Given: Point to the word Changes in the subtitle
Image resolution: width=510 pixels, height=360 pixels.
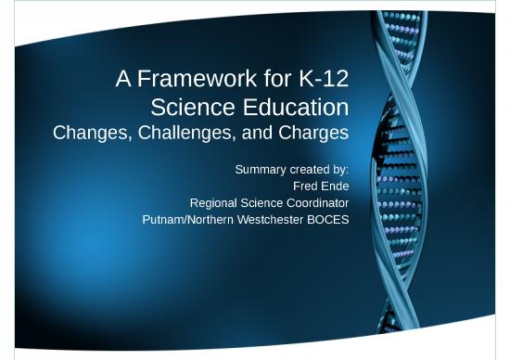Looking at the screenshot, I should (92, 133).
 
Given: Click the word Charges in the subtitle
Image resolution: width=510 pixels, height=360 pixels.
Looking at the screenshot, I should (312, 133).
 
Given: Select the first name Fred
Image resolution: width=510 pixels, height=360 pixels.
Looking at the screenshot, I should (305, 186).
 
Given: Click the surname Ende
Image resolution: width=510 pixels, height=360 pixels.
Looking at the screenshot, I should (335, 186).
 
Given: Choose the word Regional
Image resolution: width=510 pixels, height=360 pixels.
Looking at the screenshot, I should (215, 202).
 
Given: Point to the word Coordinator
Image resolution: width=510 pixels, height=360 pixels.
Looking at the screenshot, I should (315, 202).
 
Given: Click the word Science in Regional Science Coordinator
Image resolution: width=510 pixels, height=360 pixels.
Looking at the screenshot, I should (261, 202).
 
